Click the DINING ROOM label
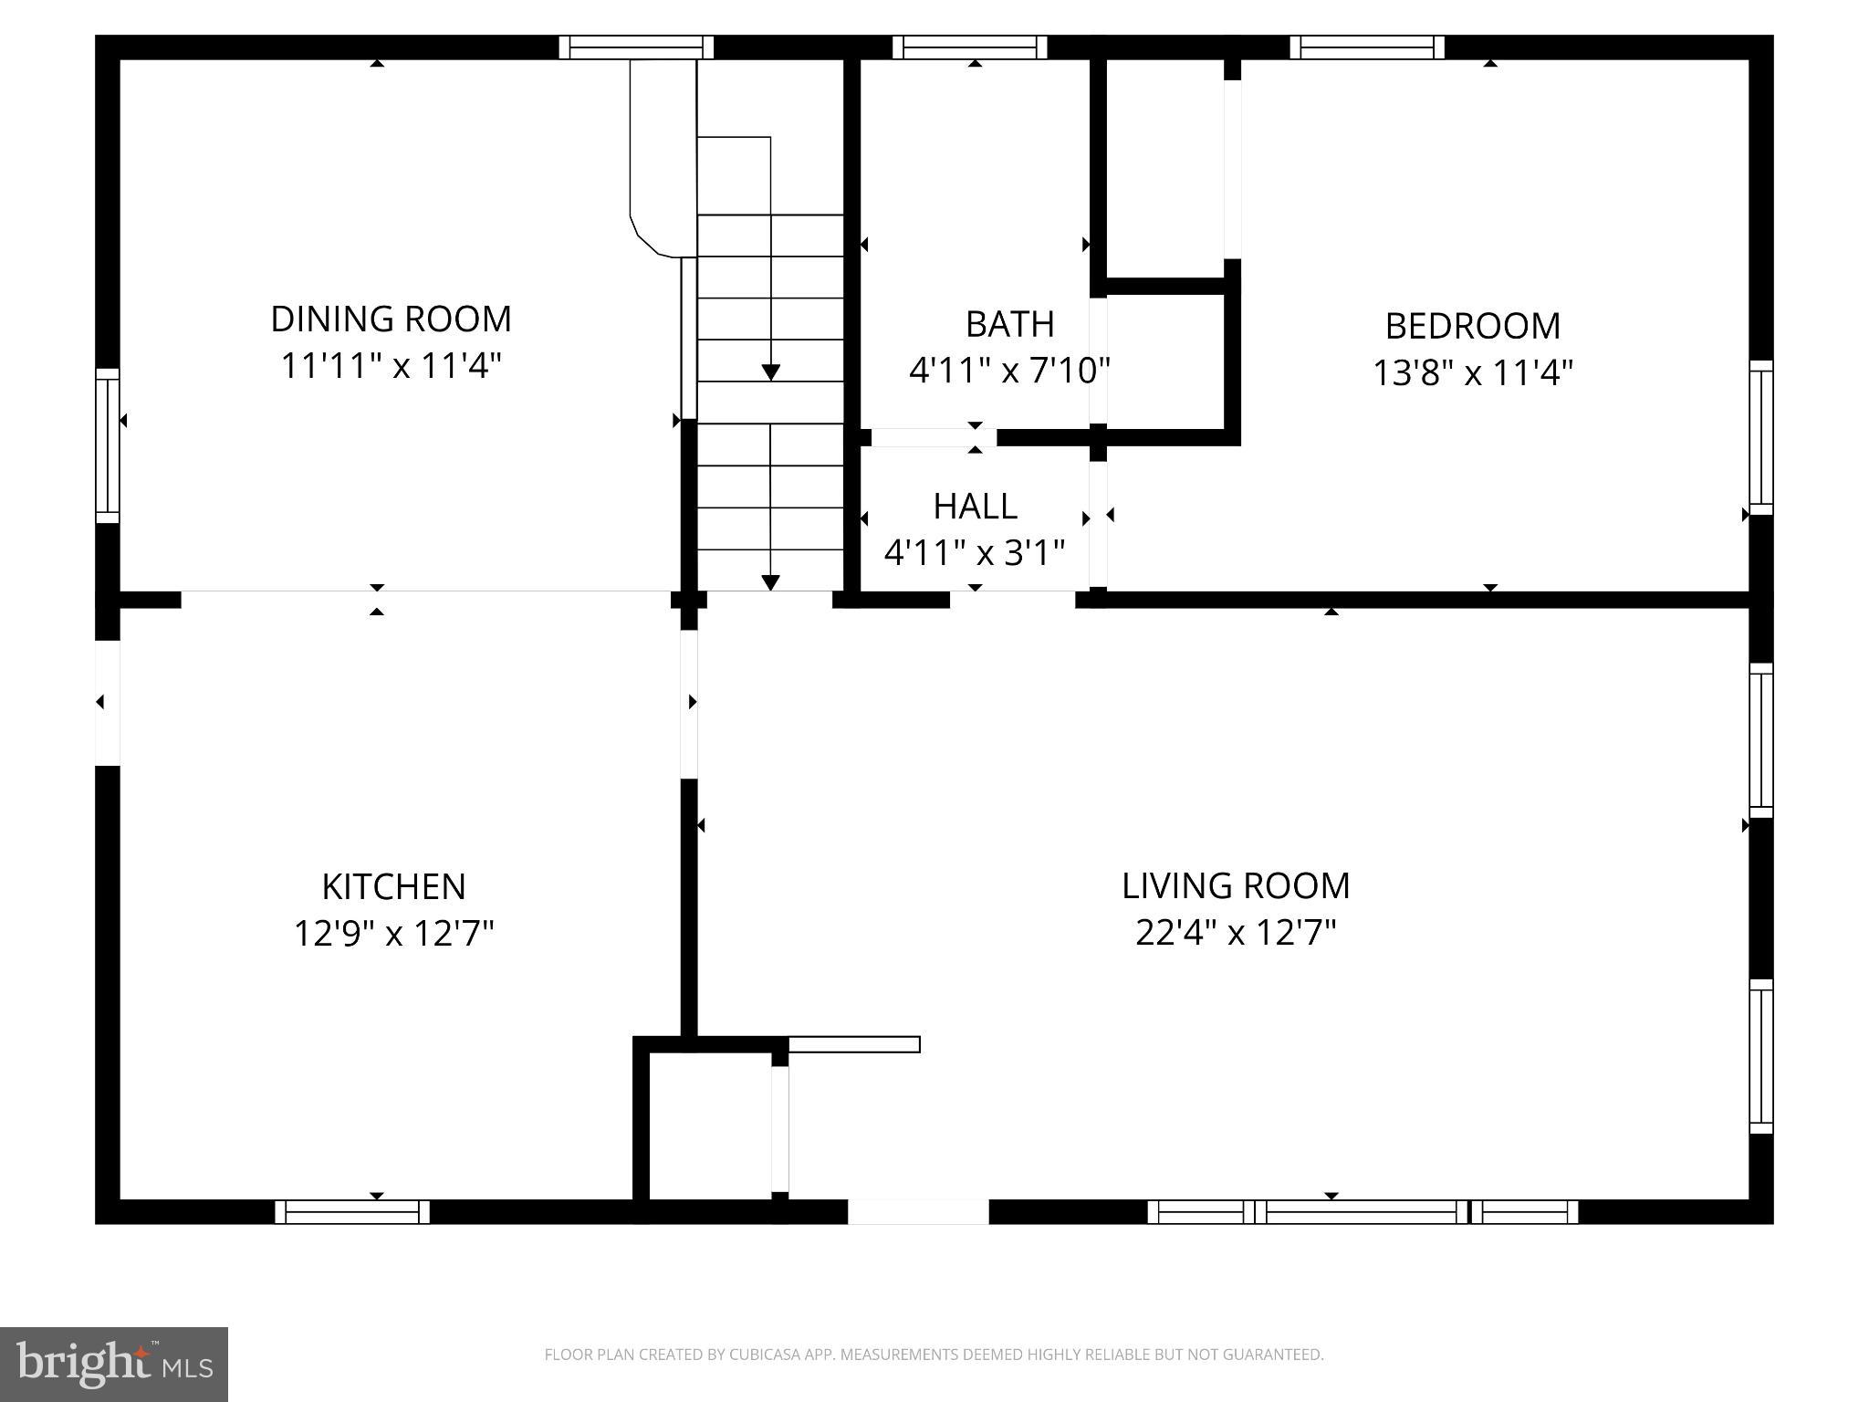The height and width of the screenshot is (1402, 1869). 391,319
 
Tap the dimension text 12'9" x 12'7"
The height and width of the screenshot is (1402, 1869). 393,934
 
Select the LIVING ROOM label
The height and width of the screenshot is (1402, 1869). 1235,885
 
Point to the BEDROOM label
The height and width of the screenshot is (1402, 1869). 1472,326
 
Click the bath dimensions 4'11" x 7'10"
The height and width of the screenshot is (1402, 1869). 1009,371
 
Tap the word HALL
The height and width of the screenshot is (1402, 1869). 975,506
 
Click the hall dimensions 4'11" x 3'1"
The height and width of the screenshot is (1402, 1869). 975,552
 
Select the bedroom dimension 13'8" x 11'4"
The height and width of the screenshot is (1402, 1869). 1473,372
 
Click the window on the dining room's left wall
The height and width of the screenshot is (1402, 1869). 108,445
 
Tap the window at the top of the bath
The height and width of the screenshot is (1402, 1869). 969,47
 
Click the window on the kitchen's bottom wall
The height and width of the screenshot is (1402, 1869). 352,1212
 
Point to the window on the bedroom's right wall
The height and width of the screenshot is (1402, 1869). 1760,437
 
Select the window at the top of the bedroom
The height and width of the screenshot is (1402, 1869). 1367,47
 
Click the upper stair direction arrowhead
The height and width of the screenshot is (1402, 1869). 771,372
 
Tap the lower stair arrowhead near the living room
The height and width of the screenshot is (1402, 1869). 771,582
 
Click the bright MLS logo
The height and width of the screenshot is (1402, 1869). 114,1365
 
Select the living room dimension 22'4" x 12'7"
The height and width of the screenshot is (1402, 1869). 1236,933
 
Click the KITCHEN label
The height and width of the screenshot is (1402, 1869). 393,886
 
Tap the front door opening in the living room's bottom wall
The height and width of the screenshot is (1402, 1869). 918,1212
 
